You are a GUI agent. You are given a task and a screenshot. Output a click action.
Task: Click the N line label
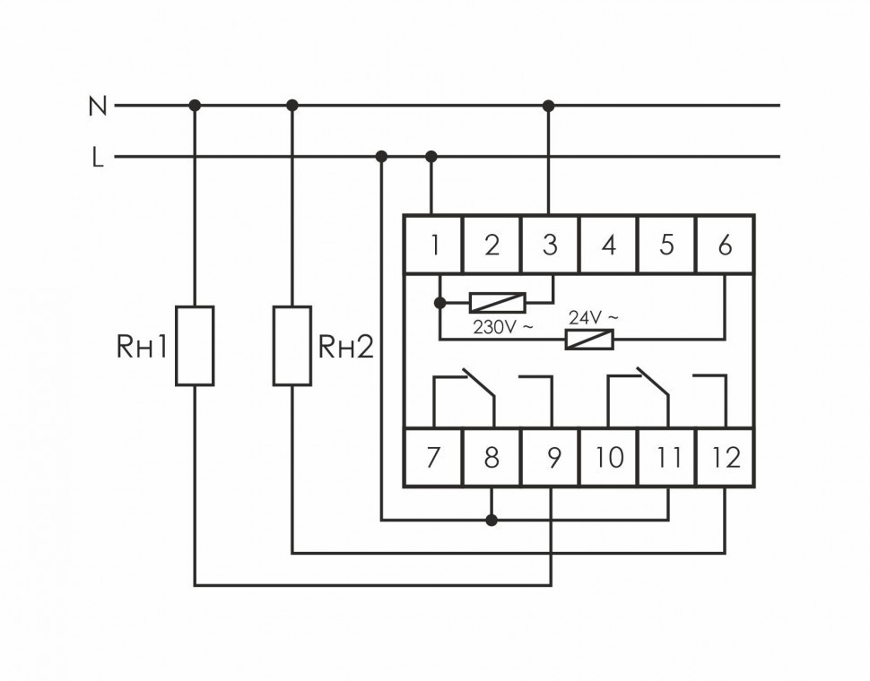[97, 107]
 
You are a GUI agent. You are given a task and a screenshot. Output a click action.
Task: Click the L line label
[98, 159]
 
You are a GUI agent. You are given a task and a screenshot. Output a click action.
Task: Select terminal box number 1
[433, 245]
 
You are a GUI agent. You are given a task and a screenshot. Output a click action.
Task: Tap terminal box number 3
[550, 245]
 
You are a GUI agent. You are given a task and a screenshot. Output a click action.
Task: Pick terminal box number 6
[725, 245]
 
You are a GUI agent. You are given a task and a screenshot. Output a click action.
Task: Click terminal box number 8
[492, 458]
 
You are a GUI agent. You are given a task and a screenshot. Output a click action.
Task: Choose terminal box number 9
[551, 458]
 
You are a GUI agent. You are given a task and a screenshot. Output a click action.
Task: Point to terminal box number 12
[726, 458]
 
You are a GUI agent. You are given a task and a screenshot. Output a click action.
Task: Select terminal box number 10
[609, 458]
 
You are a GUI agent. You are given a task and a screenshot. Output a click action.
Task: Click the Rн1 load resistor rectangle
[195, 346]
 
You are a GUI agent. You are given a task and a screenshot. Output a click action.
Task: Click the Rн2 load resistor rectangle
[291, 346]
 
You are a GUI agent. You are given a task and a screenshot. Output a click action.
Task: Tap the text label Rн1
[143, 348]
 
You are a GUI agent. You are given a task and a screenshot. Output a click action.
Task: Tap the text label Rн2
[345, 348]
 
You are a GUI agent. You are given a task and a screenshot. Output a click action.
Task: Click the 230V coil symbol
[497, 302]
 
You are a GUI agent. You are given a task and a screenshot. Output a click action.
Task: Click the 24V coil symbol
[588, 339]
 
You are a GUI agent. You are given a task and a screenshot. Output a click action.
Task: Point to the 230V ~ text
[502, 328]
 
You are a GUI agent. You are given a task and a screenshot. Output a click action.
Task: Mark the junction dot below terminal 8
[491, 520]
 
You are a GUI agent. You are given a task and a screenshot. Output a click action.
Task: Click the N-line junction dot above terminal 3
[549, 106]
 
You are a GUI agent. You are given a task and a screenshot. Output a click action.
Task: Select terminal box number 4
[608, 245]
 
